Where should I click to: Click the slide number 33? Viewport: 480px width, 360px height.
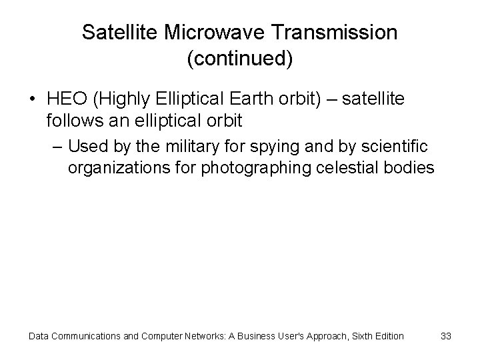tap(446, 336)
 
